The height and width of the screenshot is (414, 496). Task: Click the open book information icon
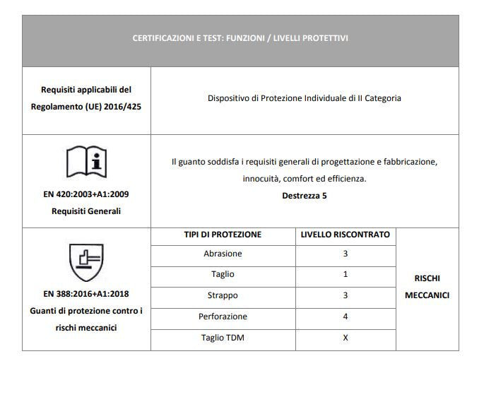86,162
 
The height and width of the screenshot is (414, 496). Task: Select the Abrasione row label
223,254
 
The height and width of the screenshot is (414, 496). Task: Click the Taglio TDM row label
223,338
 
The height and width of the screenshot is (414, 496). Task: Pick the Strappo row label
223,295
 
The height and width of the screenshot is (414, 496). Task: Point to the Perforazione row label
223,317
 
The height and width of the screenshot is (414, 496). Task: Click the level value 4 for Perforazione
346,317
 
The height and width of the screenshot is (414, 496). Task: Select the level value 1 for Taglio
346,274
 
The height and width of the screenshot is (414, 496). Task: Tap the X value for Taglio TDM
346,338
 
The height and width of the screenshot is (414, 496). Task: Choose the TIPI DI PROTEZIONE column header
223,235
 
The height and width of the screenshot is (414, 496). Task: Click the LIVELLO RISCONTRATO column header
346,235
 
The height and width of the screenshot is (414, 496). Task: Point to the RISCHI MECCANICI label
427,287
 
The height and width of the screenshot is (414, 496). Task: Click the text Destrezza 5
304,196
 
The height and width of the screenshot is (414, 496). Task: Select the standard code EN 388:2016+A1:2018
86,294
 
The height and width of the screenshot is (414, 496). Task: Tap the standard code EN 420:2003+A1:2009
86,194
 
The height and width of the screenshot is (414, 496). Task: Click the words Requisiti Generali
86,211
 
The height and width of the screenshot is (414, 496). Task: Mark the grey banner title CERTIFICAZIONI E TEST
240,38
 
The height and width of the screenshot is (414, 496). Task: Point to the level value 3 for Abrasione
346,254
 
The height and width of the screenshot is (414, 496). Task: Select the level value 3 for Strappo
346,295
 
